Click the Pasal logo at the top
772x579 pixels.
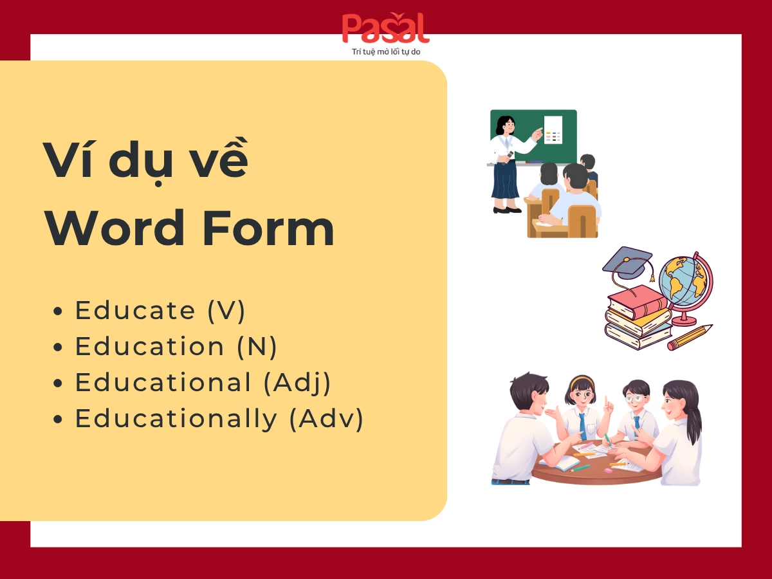click(385, 29)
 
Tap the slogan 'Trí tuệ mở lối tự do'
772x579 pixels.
click(386, 51)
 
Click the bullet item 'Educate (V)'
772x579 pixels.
click(160, 311)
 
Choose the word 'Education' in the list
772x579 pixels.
click(149, 347)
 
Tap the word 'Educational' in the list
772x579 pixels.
click(163, 383)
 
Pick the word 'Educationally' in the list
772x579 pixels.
click(176, 419)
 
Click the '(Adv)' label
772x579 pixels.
click(326, 419)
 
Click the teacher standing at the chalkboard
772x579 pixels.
click(507, 164)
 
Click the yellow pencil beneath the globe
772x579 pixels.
click(690, 337)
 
